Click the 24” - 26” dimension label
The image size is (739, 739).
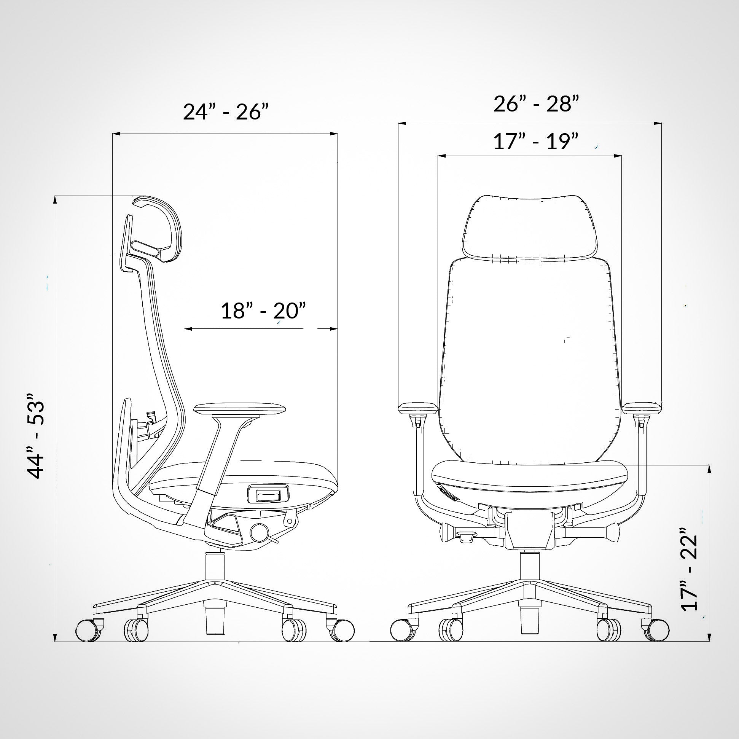(225, 112)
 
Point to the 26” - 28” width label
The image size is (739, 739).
(536, 104)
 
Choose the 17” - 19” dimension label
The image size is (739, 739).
(535, 142)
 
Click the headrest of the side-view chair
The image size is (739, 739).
(157, 229)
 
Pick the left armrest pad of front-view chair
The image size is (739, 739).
(417, 408)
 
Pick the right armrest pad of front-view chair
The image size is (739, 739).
(642, 408)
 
